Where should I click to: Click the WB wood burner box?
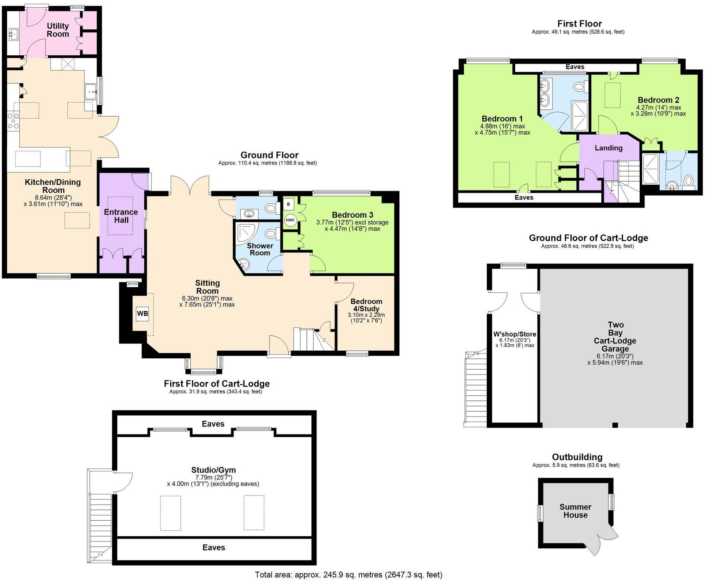pyautogui.click(x=142, y=313)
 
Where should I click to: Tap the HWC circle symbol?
pyautogui.click(x=290, y=220)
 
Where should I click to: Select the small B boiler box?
pyautogui.click(x=288, y=204)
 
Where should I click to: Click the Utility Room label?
pyautogui.click(x=58, y=30)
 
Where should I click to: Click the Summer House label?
pyautogui.click(x=575, y=511)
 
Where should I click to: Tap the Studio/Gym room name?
pyautogui.click(x=213, y=470)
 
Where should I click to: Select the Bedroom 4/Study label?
pyautogui.click(x=366, y=305)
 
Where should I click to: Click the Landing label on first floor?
pyautogui.click(x=608, y=148)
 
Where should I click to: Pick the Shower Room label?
pyautogui.click(x=260, y=249)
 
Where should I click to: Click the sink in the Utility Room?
pyautogui.click(x=13, y=34)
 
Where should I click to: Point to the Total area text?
pyautogui.click(x=348, y=575)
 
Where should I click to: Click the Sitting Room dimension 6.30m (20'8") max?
pyautogui.click(x=207, y=298)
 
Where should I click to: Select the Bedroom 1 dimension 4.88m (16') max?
pyautogui.click(x=502, y=126)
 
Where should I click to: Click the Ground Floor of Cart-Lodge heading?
pyautogui.click(x=588, y=238)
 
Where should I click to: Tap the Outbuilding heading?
pyautogui.click(x=577, y=457)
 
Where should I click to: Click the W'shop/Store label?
pyautogui.click(x=515, y=334)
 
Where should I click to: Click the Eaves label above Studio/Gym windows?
pyautogui.click(x=213, y=424)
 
